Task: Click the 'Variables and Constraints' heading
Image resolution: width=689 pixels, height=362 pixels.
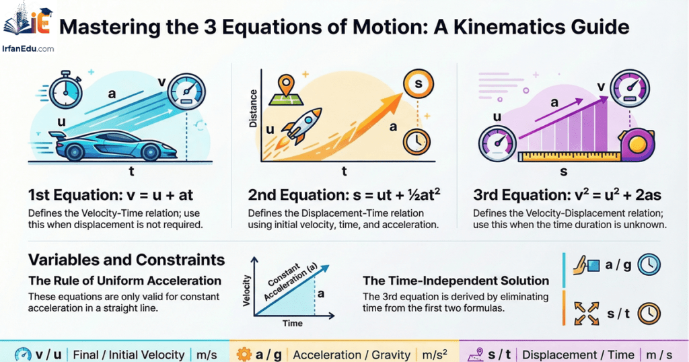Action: [126, 260]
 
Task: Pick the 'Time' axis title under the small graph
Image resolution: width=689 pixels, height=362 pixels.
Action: [292, 324]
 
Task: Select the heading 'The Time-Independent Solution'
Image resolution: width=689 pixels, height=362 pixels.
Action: [456, 281]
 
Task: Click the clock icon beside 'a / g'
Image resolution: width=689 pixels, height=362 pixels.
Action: [649, 265]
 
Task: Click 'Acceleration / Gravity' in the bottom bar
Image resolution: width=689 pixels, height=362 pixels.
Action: [352, 355]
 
